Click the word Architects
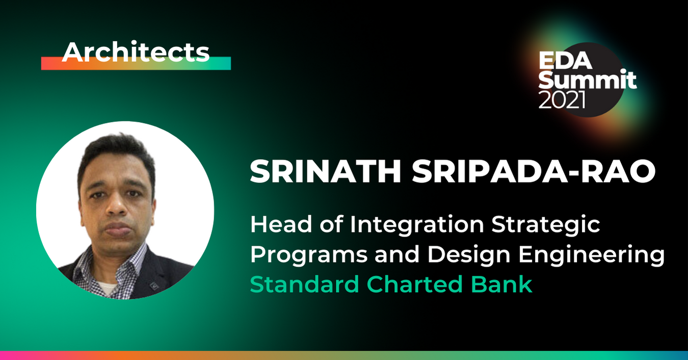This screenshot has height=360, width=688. pyautogui.click(x=136, y=52)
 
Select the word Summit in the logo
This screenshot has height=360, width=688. pyautogui.click(x=588, y=80)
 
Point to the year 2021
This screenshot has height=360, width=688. pyautogui.click(x=562, y=100)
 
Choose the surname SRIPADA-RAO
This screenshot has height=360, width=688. pyautogui.click(x=533, y=173)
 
